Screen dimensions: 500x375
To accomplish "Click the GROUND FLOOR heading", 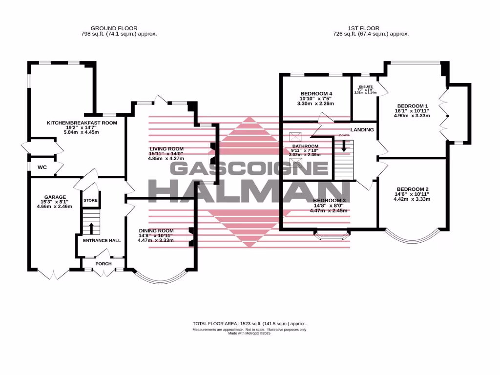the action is (114, 28).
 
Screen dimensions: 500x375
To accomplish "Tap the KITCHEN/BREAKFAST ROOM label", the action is (82, 123).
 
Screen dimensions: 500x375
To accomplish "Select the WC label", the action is (42, 167).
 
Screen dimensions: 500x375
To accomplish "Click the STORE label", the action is (90, 201).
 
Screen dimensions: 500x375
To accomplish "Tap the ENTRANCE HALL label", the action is (102, 241).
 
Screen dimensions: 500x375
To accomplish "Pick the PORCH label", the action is (103, 264).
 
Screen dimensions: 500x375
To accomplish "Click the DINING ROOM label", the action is (156, 231).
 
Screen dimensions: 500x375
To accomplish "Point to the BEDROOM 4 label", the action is (316, 94).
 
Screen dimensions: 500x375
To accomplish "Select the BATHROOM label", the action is (305, 146).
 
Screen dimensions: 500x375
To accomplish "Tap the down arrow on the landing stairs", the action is (344, 146).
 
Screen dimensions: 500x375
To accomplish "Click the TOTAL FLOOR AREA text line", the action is (249, 324).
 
